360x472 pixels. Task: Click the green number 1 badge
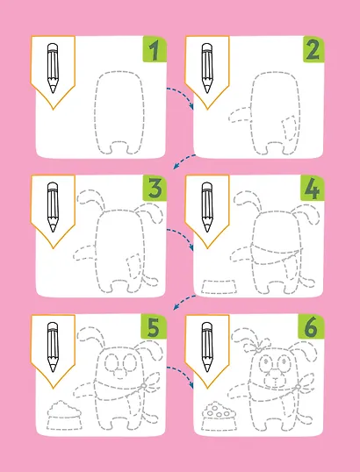(x=155, y=49)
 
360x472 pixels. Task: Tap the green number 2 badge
(x=313, y=49)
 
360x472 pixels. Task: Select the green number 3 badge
(x=155, y=188)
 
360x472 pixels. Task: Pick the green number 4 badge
(x=312, y=188)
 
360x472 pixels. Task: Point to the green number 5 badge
(x=154, y=327)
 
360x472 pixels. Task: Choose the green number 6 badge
(x=311, y=327)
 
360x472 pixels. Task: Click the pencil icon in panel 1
(x=53, y=68)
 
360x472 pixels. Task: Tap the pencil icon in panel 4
(x=207, y=207)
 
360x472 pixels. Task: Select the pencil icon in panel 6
(x=207, y=347)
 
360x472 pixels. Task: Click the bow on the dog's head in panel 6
(x=257, y=347)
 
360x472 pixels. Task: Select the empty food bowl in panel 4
(x=219, y=286)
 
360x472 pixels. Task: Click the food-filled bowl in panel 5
(x=64, y=415)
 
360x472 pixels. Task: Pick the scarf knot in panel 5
(x=144, y=386)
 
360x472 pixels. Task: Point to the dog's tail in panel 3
(x=150, y=280)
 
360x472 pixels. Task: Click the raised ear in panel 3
(x=90, y=198)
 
